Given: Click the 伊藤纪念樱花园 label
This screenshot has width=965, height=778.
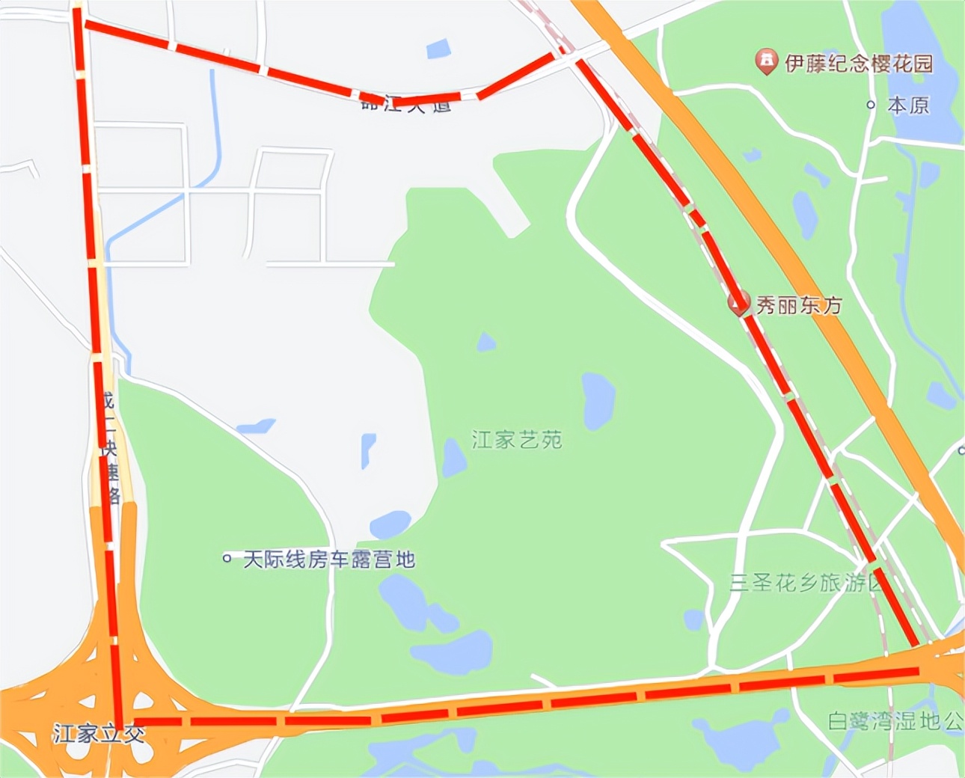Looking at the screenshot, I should (x=859, y=64).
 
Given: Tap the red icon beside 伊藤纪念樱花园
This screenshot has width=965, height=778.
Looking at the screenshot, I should (x=765, y=61).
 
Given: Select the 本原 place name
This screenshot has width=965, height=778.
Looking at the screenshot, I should (x=908, y=105).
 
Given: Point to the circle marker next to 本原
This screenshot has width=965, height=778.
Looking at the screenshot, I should (x=871, y=105).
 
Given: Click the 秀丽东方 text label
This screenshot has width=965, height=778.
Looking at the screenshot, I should (x=799, y=305).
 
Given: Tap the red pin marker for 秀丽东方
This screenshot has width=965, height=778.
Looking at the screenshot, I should (x=738, y=303).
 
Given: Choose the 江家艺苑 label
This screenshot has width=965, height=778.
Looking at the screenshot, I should (x=517, y=439).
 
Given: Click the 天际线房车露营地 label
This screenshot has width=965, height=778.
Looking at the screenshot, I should (x=329, y=560).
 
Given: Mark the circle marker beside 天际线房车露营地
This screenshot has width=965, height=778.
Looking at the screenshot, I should (x=227, y=558).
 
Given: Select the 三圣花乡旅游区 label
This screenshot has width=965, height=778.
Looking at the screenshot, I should (x=806, y=583).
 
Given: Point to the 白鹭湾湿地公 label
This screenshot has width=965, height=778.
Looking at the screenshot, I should (x=895, y=721).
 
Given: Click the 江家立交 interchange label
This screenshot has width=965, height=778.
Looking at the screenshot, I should (x=99, y=733).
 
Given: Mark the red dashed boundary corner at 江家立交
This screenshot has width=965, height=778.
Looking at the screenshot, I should (x=120, y=721).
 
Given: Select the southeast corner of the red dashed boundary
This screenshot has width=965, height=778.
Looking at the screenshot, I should (x=917, y=668).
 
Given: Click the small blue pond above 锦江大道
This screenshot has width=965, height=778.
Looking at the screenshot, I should (x=438, y=49).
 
